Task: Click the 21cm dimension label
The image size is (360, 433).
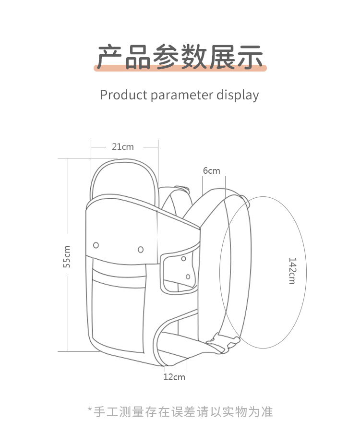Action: click(122, 146)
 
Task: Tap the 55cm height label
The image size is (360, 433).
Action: click(67, 256)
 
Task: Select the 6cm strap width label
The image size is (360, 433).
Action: click(212, 171)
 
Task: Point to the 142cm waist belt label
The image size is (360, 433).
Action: click(292, 271)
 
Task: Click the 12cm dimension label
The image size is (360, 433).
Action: click(174, 377)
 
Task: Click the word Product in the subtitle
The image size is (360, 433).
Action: click(124, 95)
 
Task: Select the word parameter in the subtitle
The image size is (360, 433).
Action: click(182, 96)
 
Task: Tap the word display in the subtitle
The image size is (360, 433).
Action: click(238, 95)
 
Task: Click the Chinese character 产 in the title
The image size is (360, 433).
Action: click(109, 57)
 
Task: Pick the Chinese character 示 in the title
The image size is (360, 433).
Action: click(250, 57)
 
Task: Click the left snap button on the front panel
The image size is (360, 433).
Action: click(96, 245)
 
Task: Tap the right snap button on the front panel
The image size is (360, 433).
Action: click(141, 250)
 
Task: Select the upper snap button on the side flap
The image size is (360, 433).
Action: click(183, 259)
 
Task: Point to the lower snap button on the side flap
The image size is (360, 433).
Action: click(188, 277)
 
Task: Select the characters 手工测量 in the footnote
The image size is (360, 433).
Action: click(119, 412)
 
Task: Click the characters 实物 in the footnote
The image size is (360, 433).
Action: click(235, 412)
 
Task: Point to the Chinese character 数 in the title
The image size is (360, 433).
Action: click(194, 57)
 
